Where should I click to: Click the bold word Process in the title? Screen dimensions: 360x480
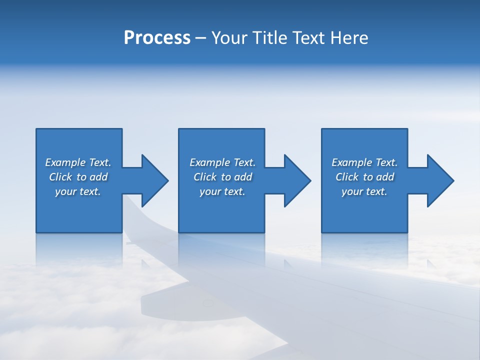[157, 38]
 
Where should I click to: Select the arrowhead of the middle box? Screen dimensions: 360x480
[296, 180]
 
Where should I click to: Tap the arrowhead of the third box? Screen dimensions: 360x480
[439, 180]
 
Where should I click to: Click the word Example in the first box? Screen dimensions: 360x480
[65, 162]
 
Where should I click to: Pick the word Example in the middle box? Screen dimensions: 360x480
[210, 162]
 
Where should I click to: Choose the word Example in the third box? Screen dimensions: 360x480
[352, 162]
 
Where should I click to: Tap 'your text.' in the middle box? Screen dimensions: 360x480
[222, 191]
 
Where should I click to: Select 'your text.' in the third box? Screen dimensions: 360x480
[364, 191]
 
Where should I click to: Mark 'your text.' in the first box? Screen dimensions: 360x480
[77, 191]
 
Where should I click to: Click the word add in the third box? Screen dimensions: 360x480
[385, 177]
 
